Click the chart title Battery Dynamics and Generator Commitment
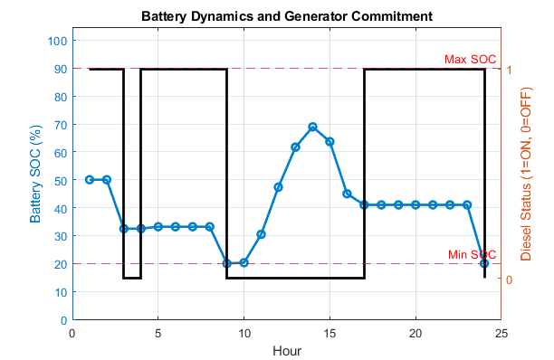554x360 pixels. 286,16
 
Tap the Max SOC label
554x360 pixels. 470,60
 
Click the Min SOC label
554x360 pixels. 473,255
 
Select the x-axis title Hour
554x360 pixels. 287,350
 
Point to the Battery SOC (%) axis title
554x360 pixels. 37,180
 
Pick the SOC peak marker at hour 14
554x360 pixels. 312,128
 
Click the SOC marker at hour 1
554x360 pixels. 90,180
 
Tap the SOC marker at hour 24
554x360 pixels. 484,263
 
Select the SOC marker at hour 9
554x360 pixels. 226,263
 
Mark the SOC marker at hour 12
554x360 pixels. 278,187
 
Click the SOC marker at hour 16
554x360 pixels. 347,194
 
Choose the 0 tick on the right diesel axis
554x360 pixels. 511,279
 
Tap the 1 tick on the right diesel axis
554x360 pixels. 511,69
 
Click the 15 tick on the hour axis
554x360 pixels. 330,333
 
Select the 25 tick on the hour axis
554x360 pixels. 501,333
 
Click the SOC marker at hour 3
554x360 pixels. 124,229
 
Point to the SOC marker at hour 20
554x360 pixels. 415,205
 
